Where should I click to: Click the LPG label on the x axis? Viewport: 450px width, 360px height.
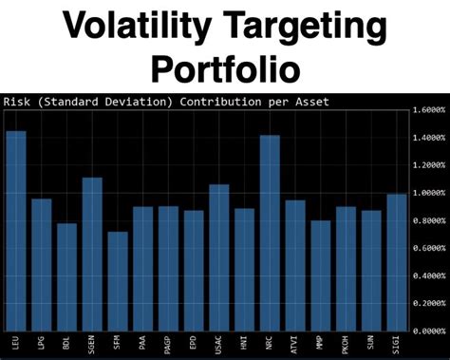coord(42,344)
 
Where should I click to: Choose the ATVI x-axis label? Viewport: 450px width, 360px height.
coord(295,345)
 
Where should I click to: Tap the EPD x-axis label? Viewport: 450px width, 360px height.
coord(194,344)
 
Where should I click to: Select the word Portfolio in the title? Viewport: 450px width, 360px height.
coord(225,68)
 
